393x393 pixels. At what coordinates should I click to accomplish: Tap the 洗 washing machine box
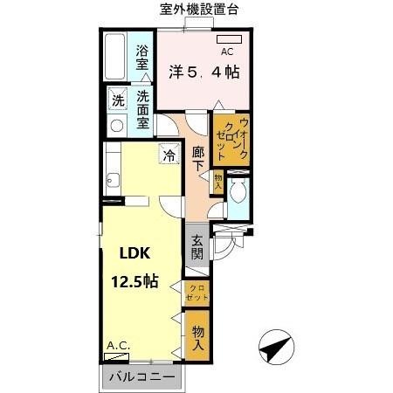point(117,99)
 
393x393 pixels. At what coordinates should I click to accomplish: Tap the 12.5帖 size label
point(134,281)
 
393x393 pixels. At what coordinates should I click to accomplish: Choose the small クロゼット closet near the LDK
point(196,293)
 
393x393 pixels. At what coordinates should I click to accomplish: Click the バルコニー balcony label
point(141,377)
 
